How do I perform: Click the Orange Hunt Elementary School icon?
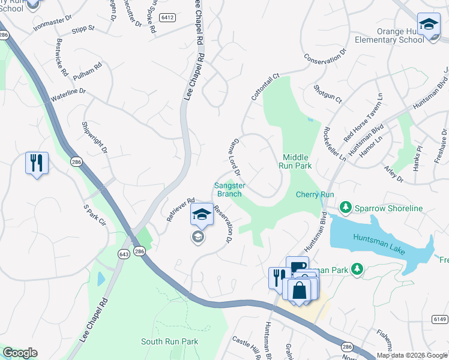(429, 26)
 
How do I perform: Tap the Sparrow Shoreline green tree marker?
(346, 208)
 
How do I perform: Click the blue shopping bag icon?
(298, 290)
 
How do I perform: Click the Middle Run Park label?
(296, 160)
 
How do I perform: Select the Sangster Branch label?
(229, 190)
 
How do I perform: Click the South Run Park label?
(169, 341)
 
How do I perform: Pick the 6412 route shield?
(167, 18)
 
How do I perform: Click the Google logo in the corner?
(20, 353)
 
